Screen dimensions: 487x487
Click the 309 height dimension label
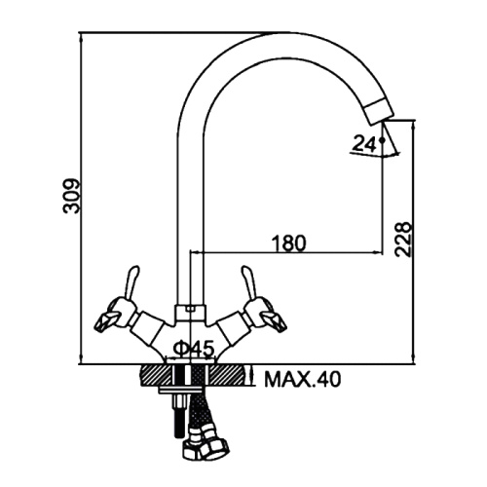point(71,196)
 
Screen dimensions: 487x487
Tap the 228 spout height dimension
point(403,240)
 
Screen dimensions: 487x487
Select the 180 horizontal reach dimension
point(288,243)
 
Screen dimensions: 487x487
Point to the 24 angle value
point(363,143)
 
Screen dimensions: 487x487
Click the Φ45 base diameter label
point(194,349)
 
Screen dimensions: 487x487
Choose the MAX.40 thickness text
point(303,379)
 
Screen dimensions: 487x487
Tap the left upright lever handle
point(131,283)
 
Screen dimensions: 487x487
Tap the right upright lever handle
point(248,283)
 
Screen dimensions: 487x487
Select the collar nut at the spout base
point(190,312)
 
